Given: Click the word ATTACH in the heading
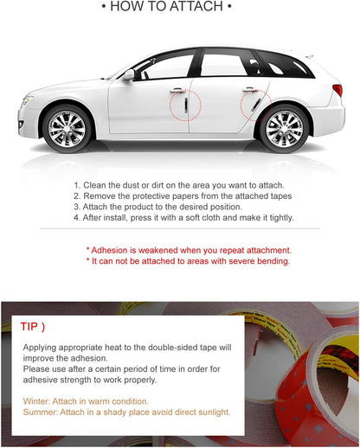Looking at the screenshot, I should (200, 8).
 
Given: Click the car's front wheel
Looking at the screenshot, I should (67, 128).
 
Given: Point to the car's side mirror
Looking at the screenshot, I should (129, 76).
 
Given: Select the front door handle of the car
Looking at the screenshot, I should (177, 90).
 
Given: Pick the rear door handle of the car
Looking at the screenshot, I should (249, 89).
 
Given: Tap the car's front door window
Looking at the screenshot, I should (167, 67).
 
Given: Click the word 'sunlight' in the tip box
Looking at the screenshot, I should (210, 413).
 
